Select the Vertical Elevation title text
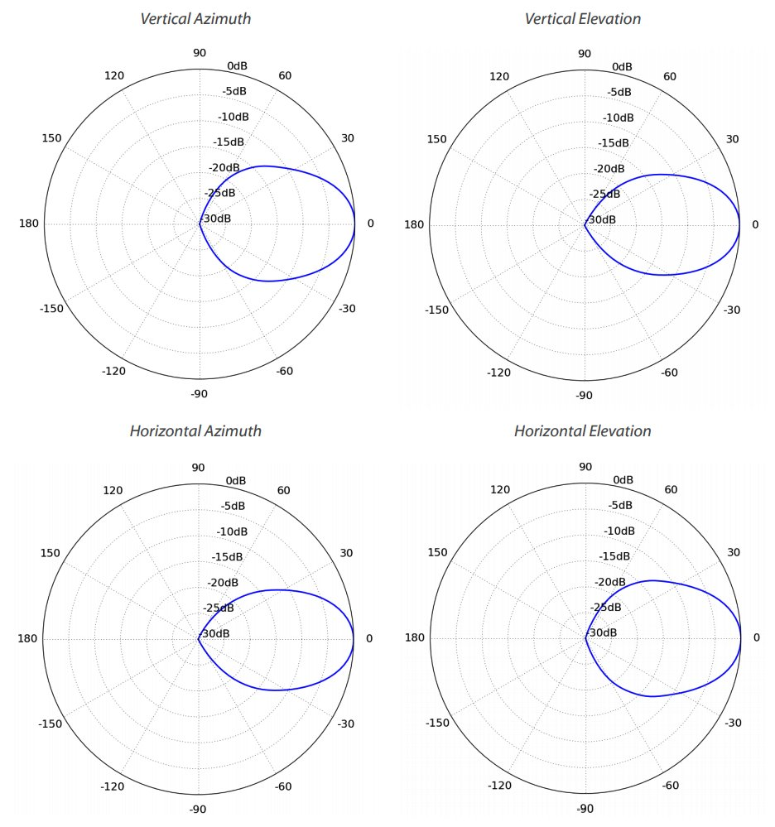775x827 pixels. tap(583, 18)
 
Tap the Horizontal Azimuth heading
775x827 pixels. tap(195, 430)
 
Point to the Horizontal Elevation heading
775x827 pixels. tap(583, 430)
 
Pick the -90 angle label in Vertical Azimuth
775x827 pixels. tap(199, 394)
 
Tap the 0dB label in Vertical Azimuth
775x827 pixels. tap(236, 65)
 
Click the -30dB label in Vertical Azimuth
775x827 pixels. tap(217, 219)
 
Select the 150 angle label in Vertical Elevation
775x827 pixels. tap(437, 138)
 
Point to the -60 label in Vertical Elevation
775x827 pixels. tap(668, 373)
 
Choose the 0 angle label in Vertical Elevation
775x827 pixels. tap(755, 224)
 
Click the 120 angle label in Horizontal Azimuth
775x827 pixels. tap(113, 491)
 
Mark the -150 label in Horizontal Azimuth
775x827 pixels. tap(51, 724)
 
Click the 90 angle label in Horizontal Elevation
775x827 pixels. tap(585, 467)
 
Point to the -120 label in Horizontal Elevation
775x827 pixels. tap(500, 786)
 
